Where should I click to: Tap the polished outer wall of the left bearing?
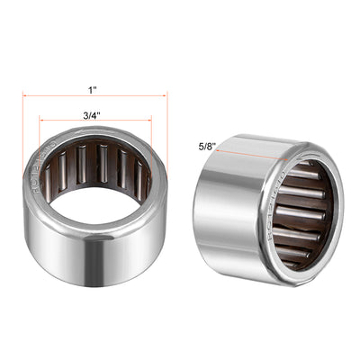click(x=90, y=261)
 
